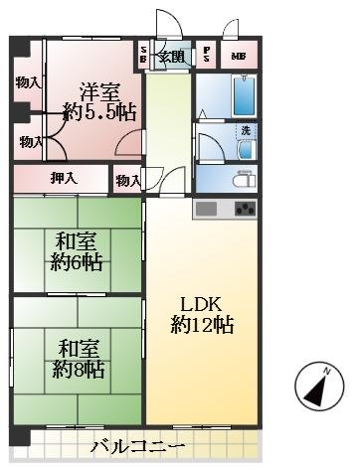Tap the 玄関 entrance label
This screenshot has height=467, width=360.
coord(171,56)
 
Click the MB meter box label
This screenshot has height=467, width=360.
coord(239,57)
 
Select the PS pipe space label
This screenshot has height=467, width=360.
coord(207,56)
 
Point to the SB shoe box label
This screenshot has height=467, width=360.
coord(144,56)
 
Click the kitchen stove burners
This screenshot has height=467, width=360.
coord(244,209)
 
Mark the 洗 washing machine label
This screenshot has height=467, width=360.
coord(245,130)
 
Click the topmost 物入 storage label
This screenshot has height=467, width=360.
coord(27,82)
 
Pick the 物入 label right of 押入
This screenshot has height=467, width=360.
coord(127,180)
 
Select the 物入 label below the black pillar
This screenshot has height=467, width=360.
coord(31,143)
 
